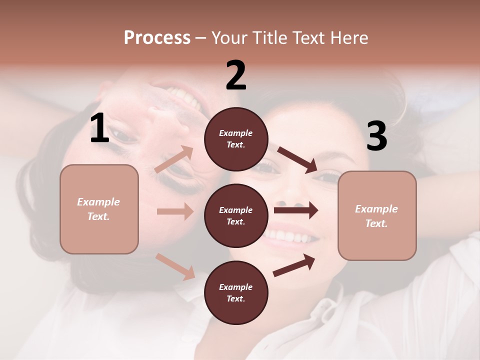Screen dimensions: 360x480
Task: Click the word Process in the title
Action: (x=157, y=38)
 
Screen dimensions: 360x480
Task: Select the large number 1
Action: (x=99, y=128)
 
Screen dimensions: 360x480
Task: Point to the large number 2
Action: (x=236, y=75)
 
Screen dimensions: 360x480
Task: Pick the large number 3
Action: (x=376, y=136)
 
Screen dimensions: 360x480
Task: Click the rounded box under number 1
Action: (x=99, y=209)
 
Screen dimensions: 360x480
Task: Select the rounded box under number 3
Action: (x=377, y=216)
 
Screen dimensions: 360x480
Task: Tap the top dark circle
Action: (x=236, y=139)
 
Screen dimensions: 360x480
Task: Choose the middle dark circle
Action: (x=236, y=215)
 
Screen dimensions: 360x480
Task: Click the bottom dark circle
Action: (x=236, y=292)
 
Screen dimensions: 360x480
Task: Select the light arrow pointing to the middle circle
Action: (x=175, y=211)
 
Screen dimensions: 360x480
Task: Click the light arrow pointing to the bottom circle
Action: (x=175, y=266)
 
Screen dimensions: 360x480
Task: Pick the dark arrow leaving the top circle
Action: (x=297, y=160)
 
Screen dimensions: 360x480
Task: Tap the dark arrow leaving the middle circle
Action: (x=296, y=210)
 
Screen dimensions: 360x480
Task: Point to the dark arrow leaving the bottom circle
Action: (x=294, y=265)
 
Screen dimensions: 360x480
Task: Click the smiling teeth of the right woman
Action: (x=289, y=235)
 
